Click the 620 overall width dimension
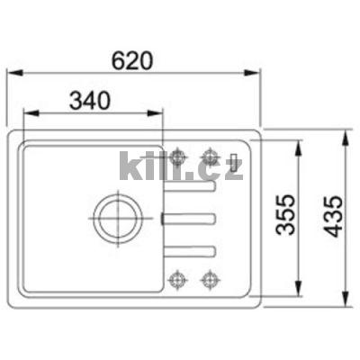(x=133, y=60)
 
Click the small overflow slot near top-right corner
(x=235, y=163)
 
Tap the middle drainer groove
(x=189, y=217)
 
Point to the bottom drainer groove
(x=189, y=247)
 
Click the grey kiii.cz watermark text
(x=180, y=166)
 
